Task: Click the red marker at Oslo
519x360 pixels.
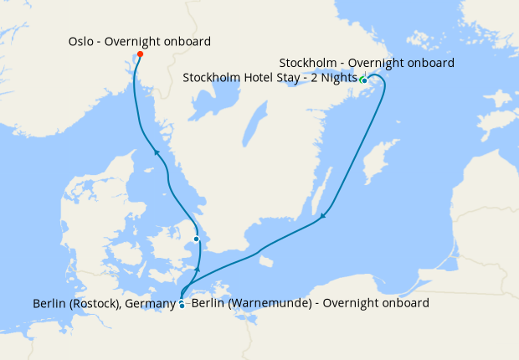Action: [x=140, y=54]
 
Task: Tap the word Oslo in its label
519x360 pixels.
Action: [x=82, y=41]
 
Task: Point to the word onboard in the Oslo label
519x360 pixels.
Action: [x=188, y=41]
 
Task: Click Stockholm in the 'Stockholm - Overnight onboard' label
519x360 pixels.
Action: [x=307, y=63]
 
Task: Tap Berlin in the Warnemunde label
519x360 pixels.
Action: [x=208, y=303]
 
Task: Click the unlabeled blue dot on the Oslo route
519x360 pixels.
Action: [x=197, y=239]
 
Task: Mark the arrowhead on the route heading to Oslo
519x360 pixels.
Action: [x=156, y=152]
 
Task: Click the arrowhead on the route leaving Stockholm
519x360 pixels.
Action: [x=322, y=219]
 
